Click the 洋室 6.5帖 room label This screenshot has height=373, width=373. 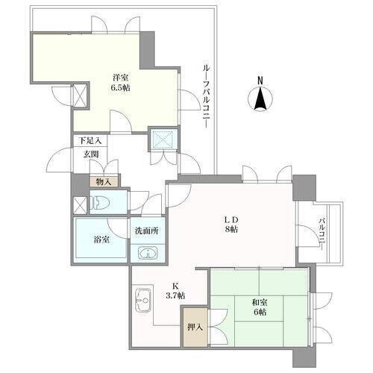(121, 83)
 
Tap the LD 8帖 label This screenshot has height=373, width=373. (231, 225)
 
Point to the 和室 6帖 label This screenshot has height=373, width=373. (260, 307)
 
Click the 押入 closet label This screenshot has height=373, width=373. (195, 327)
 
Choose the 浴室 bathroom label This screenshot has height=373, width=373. (101, 239)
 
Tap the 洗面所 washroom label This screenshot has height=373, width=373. (147, 231)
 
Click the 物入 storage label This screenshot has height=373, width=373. (104, 182)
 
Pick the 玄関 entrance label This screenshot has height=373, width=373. (91, 154)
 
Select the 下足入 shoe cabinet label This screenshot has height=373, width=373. (90, 141)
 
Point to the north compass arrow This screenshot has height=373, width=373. (260, 98)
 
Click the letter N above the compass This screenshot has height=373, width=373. (260, 81)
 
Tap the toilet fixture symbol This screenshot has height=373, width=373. (100, 203)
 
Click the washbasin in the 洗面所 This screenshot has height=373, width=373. (148, 254)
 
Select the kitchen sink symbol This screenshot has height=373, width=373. (142, 301)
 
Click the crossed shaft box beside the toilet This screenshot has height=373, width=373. (80, 205)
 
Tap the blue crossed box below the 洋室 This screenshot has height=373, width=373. (163, 139)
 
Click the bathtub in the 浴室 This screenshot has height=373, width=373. (101, 239)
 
